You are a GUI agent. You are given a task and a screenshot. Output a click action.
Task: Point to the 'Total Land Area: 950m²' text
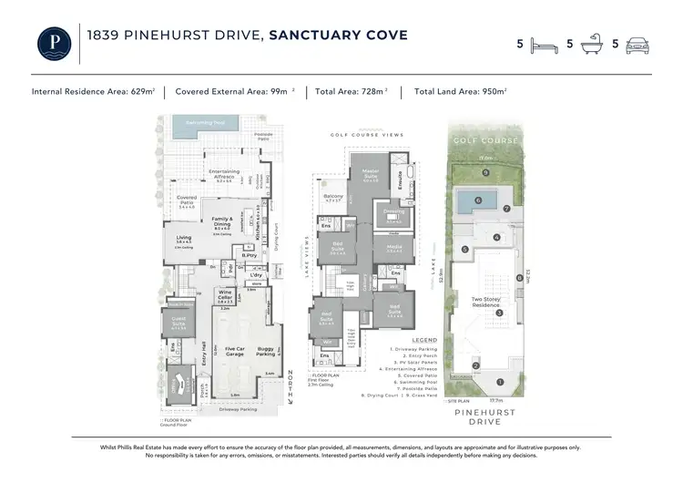pyautogui.click(x=460, y=92)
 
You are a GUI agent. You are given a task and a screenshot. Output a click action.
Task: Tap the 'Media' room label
pyautogui.click(x=394, y=246)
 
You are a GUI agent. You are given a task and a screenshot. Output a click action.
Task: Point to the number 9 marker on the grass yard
pyautogui.click(x=486, y=171)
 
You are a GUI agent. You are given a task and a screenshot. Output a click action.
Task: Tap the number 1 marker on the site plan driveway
pyautogui.click(x=499, y=381)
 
